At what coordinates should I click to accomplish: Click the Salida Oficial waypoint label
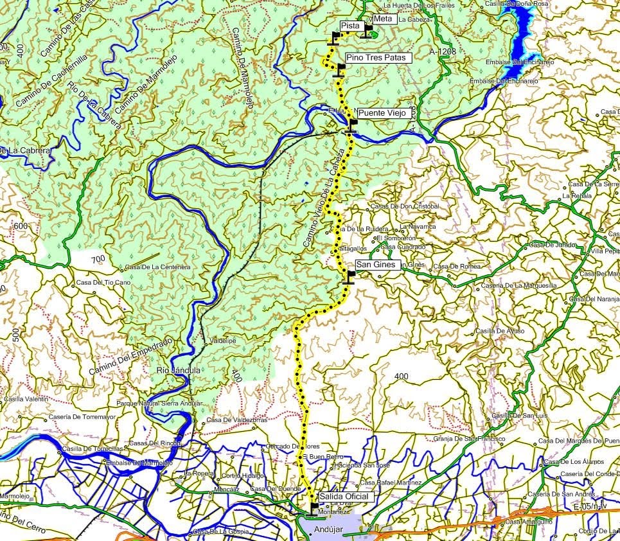pyautogui.click(x=344, y=497)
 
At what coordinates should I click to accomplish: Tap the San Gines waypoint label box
pyautogui.click(x=378, y=264)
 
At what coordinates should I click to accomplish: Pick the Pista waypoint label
pyautogui.click(x=350, y=25)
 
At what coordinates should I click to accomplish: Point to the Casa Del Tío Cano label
pyautogui.click(x=103, y=282)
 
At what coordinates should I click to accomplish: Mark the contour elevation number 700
pyautogui.click(x=98, y=259)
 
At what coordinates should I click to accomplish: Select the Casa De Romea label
pyautogui.click(x=457, y=266)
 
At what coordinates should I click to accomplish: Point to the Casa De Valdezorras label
pyautogui.click(x=237, y=420)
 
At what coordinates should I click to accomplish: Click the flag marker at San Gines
pyautogui.click(x=350, y=276)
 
